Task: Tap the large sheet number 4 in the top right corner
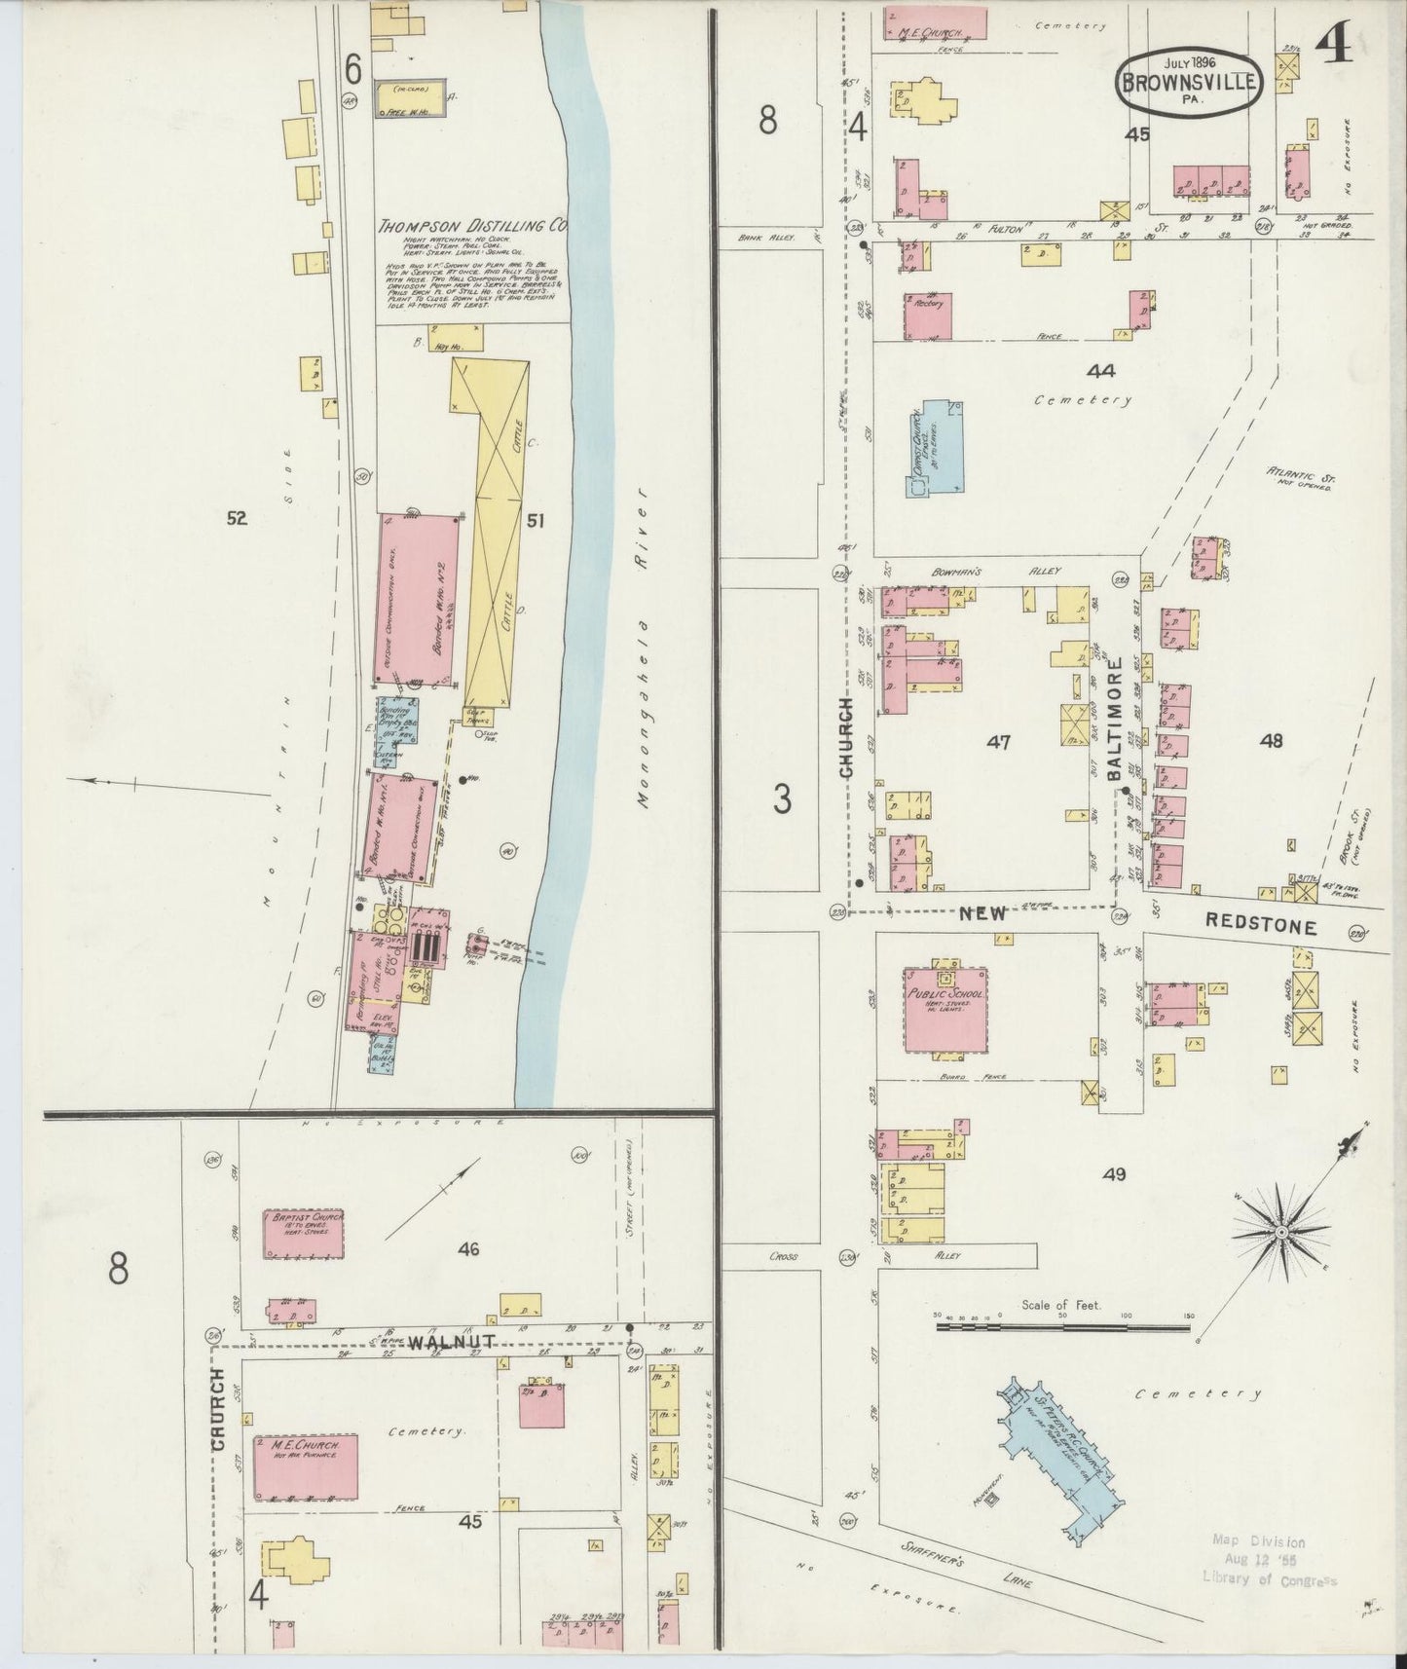(1340, 44)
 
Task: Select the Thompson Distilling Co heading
(473, 226)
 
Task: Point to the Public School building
(944, 1008)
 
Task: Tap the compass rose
(1281, 1232)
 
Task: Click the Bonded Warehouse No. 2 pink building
(418, 599)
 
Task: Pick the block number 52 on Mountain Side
(237, 519)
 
